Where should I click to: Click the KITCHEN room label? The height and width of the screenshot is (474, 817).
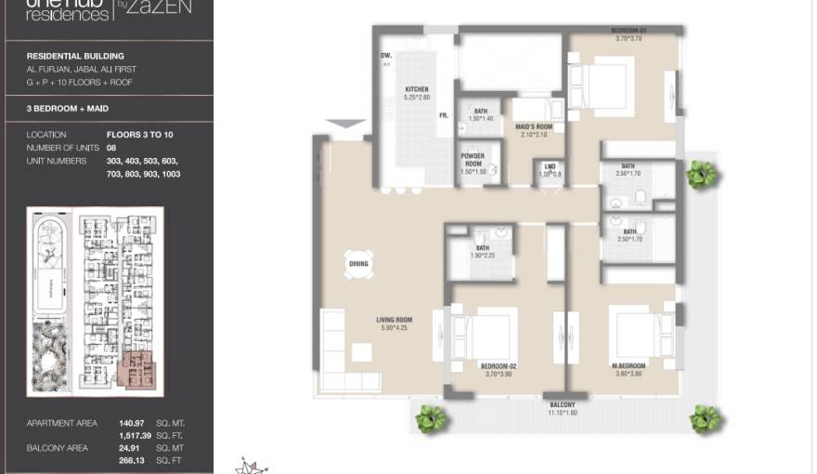tap(415, 89)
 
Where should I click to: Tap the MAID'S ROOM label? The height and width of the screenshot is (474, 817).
tap(533, 127)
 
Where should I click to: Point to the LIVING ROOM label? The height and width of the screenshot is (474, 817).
tap(394, 320)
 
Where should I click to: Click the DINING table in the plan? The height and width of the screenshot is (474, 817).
tap(358, 263)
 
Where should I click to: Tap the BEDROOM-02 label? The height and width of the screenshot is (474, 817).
tap(499, 366)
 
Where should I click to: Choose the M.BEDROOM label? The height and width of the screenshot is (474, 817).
tap(629, 366)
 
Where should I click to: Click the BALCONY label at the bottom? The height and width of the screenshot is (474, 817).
tap(562, 405)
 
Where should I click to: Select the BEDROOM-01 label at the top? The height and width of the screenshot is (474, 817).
tap(629, 32)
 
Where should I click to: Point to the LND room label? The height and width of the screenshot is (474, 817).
tap(551, 167)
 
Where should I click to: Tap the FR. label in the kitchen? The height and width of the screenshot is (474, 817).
tap(444, 115)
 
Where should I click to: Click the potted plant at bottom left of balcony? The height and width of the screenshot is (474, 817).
tap(430, 419)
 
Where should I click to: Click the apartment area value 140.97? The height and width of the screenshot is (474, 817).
tap(133, 423)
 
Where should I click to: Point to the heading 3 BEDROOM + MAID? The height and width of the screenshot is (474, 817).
tap(68, 109)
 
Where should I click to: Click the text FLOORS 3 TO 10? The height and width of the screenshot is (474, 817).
tap(139, 135)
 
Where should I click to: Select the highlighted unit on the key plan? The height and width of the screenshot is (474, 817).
tap(140, 371)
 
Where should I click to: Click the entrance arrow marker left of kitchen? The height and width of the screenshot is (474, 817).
tap(346, 123)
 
